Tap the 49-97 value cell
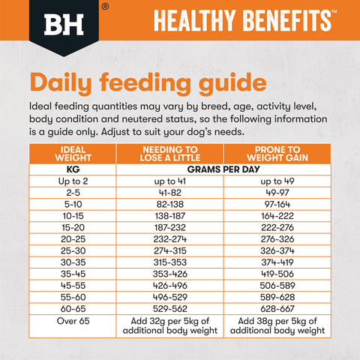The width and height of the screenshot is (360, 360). point(277,193)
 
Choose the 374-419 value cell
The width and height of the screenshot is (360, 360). point(277,262)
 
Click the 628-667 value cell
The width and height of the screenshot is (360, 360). point(277,308)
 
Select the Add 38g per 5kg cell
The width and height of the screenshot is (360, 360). point(277,326)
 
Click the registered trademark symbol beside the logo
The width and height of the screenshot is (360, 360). point(103,6)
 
